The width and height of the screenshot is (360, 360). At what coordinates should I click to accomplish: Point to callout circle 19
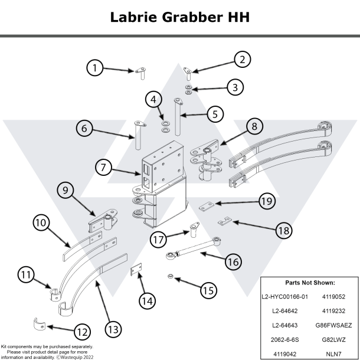(266, 201)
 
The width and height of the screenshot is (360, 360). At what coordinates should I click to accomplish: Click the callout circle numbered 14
(148, 300)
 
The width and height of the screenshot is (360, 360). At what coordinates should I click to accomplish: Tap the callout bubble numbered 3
(235, 87)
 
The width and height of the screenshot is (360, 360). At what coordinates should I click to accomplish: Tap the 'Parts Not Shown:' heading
(309, 283)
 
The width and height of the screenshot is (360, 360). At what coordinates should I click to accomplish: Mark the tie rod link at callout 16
(195, 247)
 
